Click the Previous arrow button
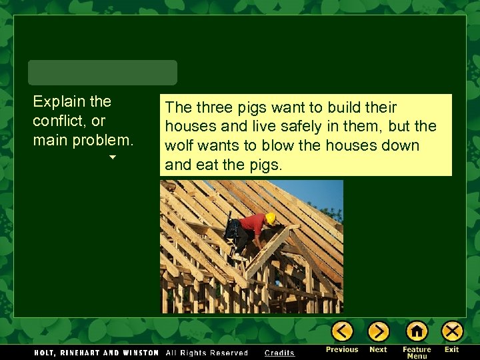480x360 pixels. click(342, 331)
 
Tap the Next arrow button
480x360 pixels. click(378, 331)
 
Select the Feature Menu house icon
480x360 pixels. click(417, 331)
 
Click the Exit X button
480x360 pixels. click(452, 331)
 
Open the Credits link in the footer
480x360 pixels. click(279, 353)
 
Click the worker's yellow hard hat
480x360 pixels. click(271, 218)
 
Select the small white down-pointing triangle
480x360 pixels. click(113, 157)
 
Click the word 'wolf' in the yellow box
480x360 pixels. click(178, 145)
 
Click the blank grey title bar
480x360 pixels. click(103, 72)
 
